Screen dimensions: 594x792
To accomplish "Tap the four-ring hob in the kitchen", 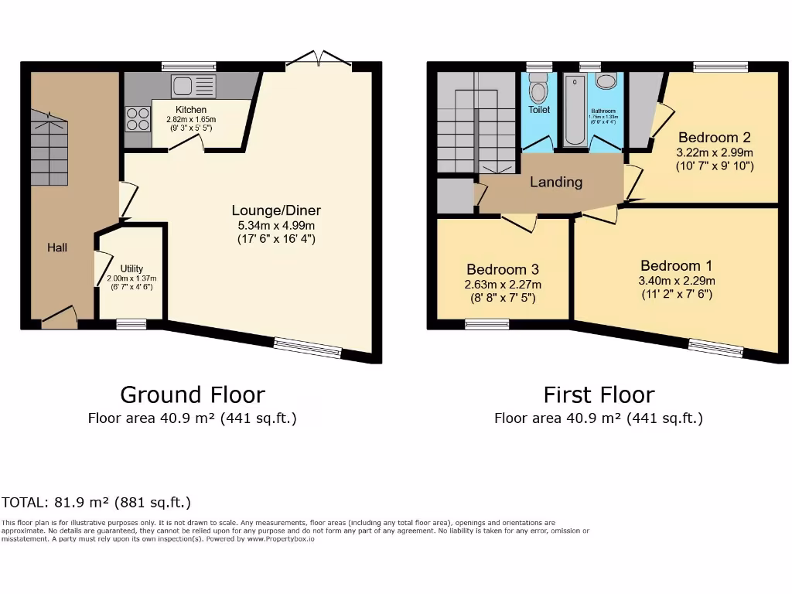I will (138, 118).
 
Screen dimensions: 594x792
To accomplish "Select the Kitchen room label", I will (190, 110).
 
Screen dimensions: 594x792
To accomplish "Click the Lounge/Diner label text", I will (276, 210).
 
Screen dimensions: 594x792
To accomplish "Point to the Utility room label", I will (131, 268).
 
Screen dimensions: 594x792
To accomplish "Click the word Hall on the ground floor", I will (57, 247).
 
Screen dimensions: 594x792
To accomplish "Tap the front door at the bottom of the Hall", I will (60, 319).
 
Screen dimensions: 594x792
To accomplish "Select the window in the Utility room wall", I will (131, 325).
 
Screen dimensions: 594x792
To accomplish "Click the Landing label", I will (555, 183).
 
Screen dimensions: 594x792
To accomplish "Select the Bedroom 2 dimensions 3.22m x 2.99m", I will (715, 153).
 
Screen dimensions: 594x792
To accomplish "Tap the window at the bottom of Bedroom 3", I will (487, 325).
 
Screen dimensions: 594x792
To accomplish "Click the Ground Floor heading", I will (192, 394).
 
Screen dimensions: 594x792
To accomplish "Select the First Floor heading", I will (599, 394).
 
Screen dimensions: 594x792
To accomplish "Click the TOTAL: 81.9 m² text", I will (96, 502).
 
